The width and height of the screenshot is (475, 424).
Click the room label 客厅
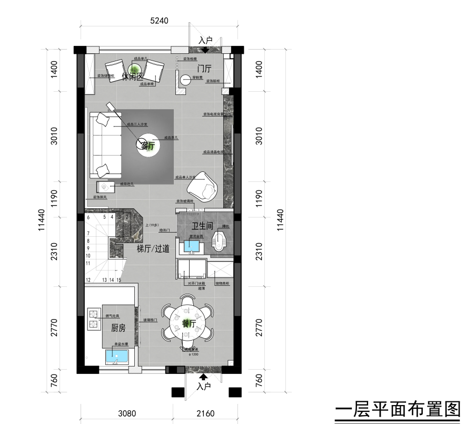tap(148, 146)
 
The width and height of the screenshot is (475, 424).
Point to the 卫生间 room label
tap(202, 225)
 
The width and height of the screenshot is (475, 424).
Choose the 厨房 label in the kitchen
tap(118, 327)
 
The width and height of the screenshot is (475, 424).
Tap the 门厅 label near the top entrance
tap(204, 69)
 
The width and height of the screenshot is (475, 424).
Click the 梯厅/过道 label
tap(153, 248)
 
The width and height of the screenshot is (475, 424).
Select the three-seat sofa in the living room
tap(106, 144)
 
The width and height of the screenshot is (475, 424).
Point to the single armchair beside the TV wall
tap(202, 186)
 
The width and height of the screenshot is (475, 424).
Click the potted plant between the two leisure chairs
tap(134, 69)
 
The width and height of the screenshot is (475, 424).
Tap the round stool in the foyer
tap(185, 80)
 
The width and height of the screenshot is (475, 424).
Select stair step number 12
tap(88, 280)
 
